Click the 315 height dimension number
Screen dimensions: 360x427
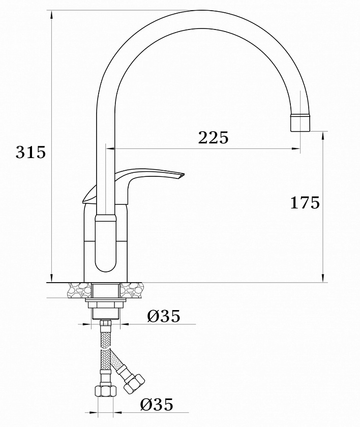pyautogui.click(x=31, y=152)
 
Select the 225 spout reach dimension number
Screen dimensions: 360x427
pyautogui.click(x=213, y=138)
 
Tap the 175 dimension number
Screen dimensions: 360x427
pyautogui.click(x=305, y=203)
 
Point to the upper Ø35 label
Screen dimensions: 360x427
pyautogui.click(x=164, y=316)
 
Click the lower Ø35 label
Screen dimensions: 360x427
pyautogui.click(x=157, y=405)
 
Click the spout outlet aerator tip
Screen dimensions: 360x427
pyautogui.click(x=301, y=123)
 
